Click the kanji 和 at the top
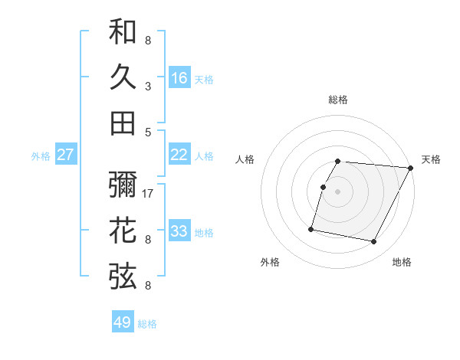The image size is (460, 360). tap(123, 32)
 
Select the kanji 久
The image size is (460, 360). tap(123, 78)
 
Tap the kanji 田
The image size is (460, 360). tap(123, 123)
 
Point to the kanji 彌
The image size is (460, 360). tap(123, 185)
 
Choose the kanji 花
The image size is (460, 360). tap(123, 231)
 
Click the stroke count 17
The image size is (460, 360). tap(149, 193)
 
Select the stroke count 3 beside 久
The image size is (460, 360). tap(148, 87)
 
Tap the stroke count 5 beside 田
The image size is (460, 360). tap(148, 132)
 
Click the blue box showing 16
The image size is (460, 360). tap(179, 78)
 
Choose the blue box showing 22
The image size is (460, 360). tap(179, 155)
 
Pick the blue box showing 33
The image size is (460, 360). tap(179, 231)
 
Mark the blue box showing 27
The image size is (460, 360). tap(66, 155)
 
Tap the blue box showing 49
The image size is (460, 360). tap(123, 322)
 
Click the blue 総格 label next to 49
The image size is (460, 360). tap(147, 324)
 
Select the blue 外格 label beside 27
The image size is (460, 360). tap(41, 156)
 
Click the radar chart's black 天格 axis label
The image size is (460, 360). tap(431, 159)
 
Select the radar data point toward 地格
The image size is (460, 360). tap(374, 242)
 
